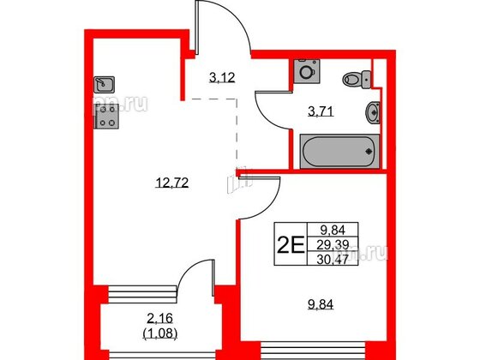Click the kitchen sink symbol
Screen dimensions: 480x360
pos(105,85)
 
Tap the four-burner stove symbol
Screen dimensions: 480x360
pos(106,116)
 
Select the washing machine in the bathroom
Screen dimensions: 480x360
pos(307,71)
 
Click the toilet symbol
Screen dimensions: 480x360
pos(357,79)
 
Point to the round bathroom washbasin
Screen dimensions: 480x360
pos(373,112)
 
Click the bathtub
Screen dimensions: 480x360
pos(339,151)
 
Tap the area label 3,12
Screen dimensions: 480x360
pos(222,78)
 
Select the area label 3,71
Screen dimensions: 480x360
pos(321,111)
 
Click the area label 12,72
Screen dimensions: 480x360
pos(171,183)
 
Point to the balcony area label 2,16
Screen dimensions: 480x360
pos(159,319)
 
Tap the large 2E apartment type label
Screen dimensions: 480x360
pos(290,245)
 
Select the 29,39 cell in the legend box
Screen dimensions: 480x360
pos(333,244)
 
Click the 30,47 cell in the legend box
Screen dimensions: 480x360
pos(333,260)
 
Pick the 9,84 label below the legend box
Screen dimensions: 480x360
pos(321,304)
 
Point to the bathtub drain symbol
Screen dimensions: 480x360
pos(369,151)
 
